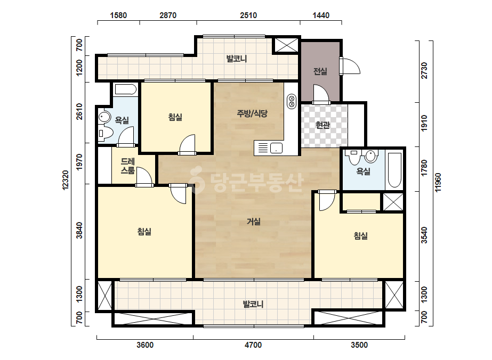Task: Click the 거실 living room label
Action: (254, 222)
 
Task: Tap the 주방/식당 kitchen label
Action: (252, 113)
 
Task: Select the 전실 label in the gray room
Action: (320, 71)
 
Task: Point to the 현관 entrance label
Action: (322, 125)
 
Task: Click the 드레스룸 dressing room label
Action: (128, 166)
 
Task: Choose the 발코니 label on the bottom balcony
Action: (253, 304)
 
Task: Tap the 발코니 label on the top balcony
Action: (237, 59)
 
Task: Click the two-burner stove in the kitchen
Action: (292, 102)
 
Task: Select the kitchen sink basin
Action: (276, 148)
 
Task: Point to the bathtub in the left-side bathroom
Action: (125, 89)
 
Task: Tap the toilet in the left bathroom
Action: (105, 133)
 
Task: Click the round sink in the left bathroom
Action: (104, 117)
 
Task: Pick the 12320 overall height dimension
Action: (65, 180)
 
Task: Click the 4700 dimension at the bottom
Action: (253, 345)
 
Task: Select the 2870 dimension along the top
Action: (168, 15)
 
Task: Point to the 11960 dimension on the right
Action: (438, 182)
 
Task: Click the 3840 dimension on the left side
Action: (80, 231)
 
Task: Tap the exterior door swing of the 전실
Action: (350, 66)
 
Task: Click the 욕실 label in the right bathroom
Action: (363, 171)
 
